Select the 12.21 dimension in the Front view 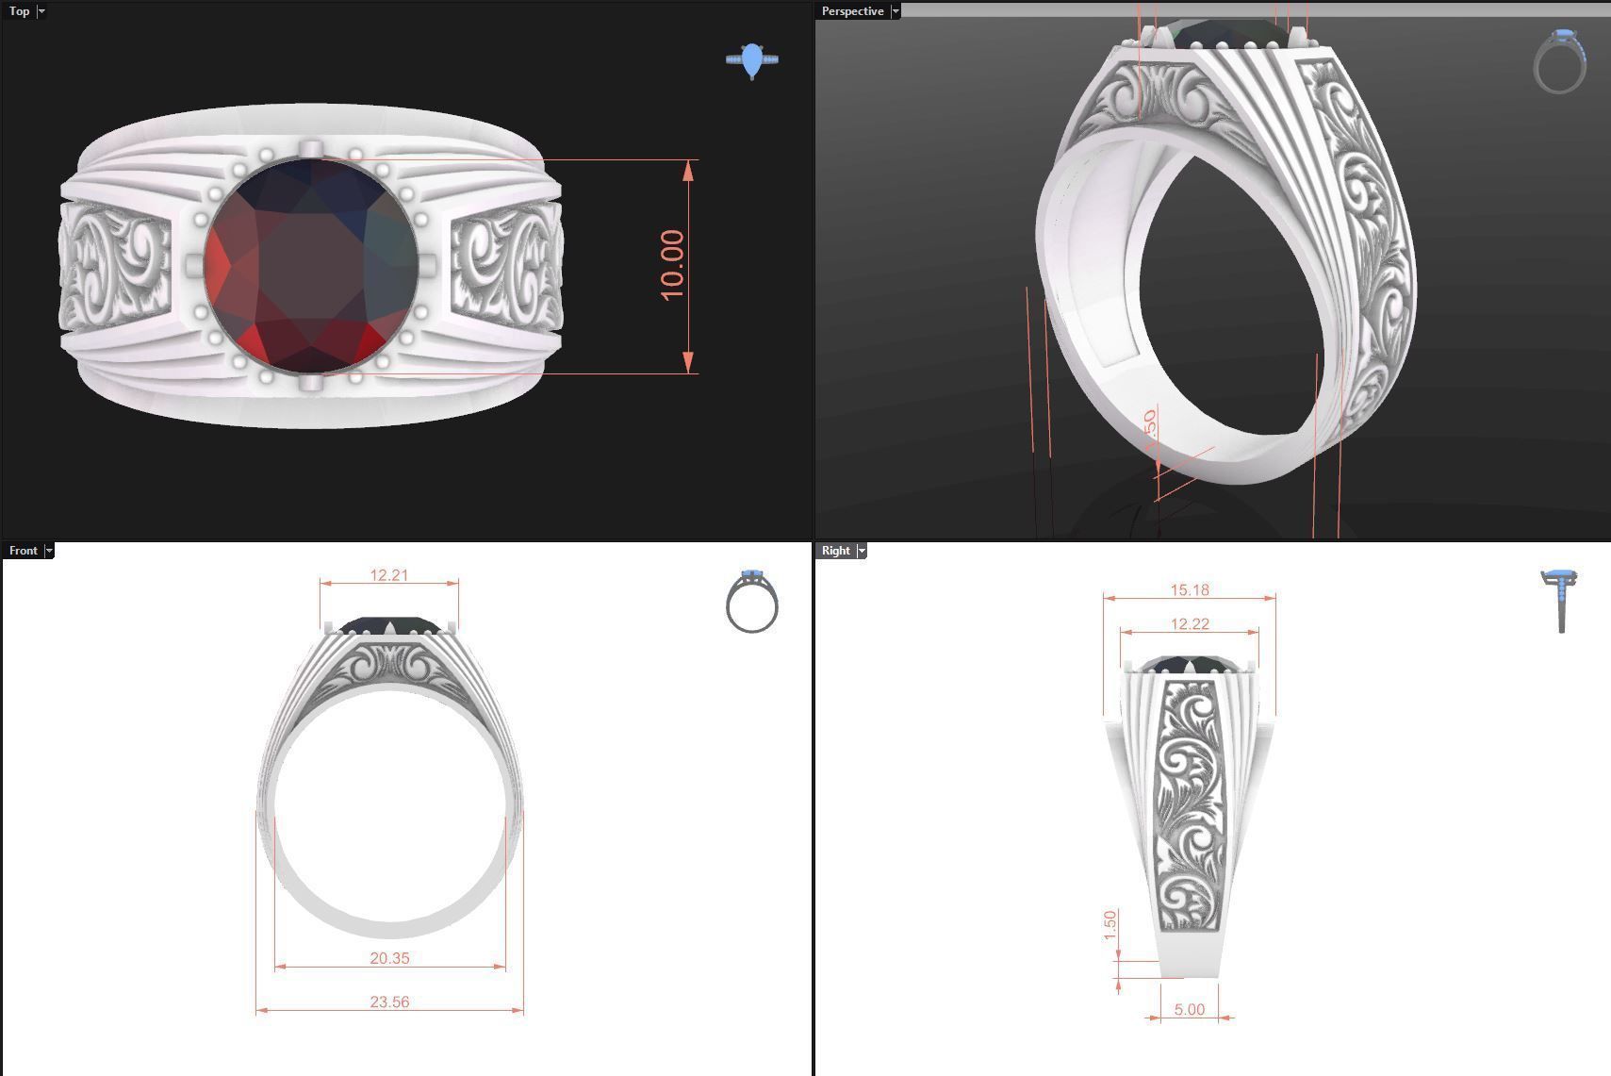(388, 575)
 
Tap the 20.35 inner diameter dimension (389, 958)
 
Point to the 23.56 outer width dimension (389, 1002)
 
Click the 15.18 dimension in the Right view (1189, 590)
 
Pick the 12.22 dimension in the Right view (1189, 624)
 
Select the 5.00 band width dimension (1189, 1010)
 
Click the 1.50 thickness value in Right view (1110, 925)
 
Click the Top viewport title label (19, 11)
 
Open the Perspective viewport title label (852, 11)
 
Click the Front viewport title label (23, 551)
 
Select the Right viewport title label (835, 551)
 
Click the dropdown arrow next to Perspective (896, 11)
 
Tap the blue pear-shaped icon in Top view (751, 61)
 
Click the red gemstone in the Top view (311, 265)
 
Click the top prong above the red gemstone (310, 148)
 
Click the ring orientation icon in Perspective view (1560, 61)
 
